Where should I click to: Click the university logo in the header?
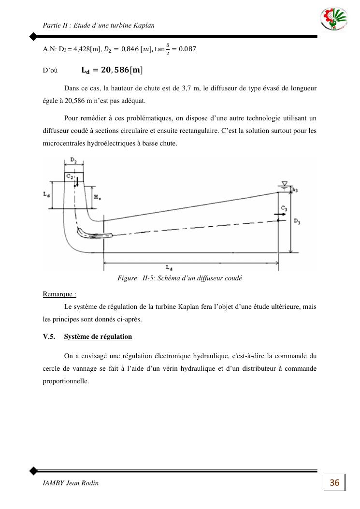pyautogui.click(x=334, y=20)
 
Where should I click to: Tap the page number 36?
pyautogui.click(x=334, y=482)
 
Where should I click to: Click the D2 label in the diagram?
pyautogui.click(x=73, y=159)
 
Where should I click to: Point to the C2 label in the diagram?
pyautogui.click(x=70, y=177)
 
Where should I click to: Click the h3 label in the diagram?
pyautogui.click(x=295, y=190)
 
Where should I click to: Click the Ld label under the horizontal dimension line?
pyautogui.click(x=168, y=267)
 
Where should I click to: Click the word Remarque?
pyautogui.click(x=59, y=294)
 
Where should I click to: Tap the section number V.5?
pyautogui.click(x=49, y=336)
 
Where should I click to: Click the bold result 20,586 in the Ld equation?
pyautogui.click(x=112, y=70)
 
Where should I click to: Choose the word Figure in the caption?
pyautogui.click(x=128, y=278)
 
